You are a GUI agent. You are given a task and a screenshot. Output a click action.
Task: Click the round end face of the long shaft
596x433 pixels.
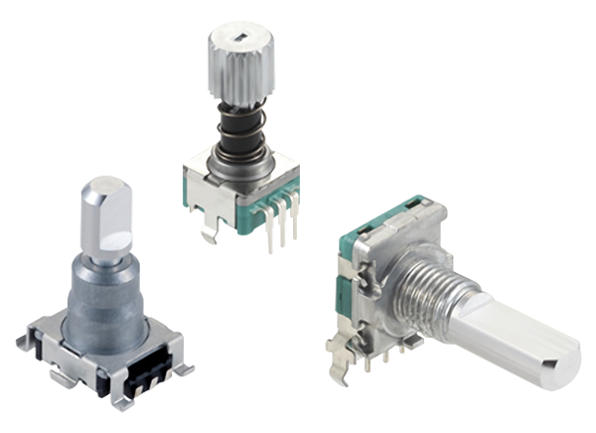click(561, 366)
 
